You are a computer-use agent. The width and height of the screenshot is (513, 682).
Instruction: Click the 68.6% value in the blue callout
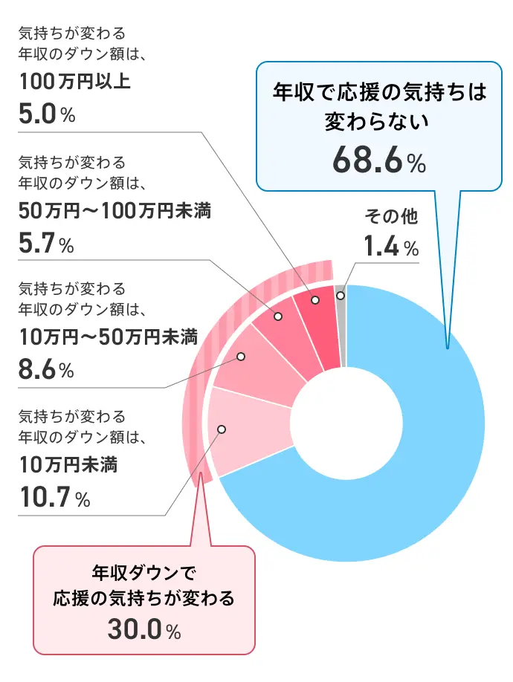click(378, 159)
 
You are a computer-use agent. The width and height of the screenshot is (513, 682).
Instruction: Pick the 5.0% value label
click(46, 115)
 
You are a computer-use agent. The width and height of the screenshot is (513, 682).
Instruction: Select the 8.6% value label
click(46, 369)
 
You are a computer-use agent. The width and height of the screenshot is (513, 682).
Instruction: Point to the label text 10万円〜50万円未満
click(107, 338)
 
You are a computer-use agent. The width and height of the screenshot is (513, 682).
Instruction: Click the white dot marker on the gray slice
click(341, 295)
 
